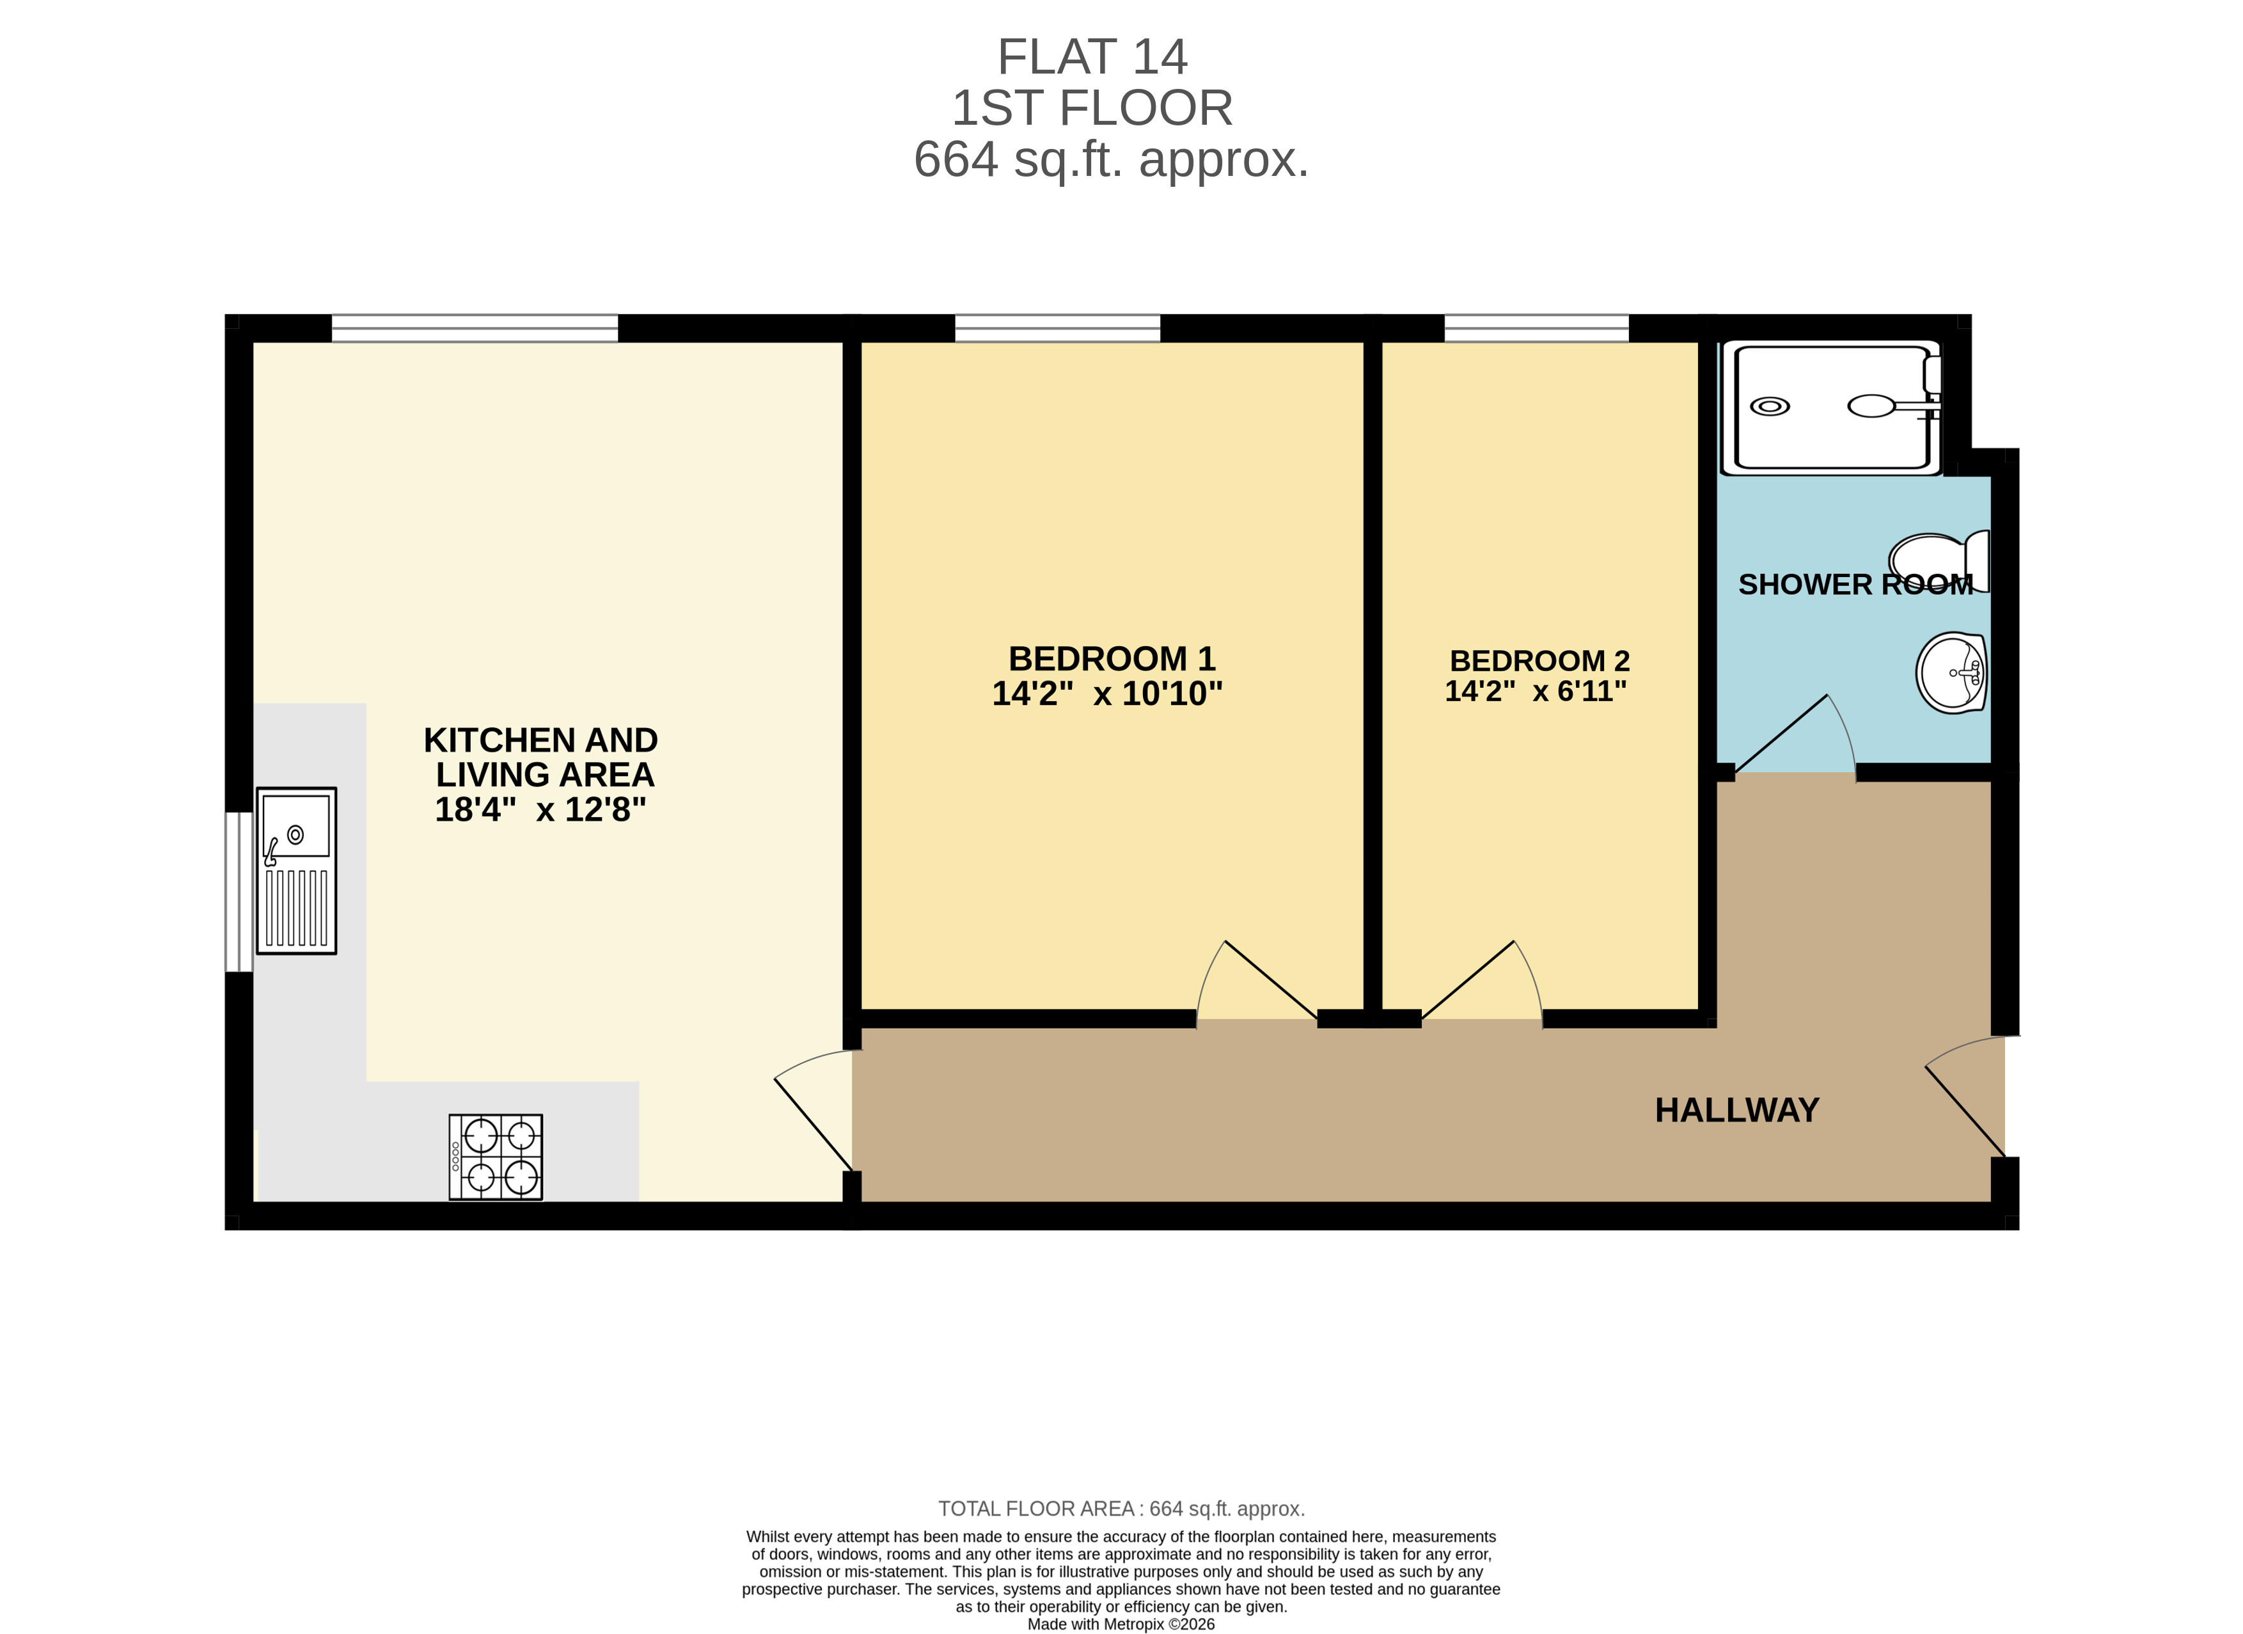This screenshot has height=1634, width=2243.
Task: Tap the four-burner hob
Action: click(x=496, y=1157)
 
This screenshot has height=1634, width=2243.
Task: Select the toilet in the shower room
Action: click(x=1939, y=561)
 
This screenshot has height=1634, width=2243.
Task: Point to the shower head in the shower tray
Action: click(x=1872, y=406)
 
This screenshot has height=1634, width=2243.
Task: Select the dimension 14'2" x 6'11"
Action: click(x=1535, y=692)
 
